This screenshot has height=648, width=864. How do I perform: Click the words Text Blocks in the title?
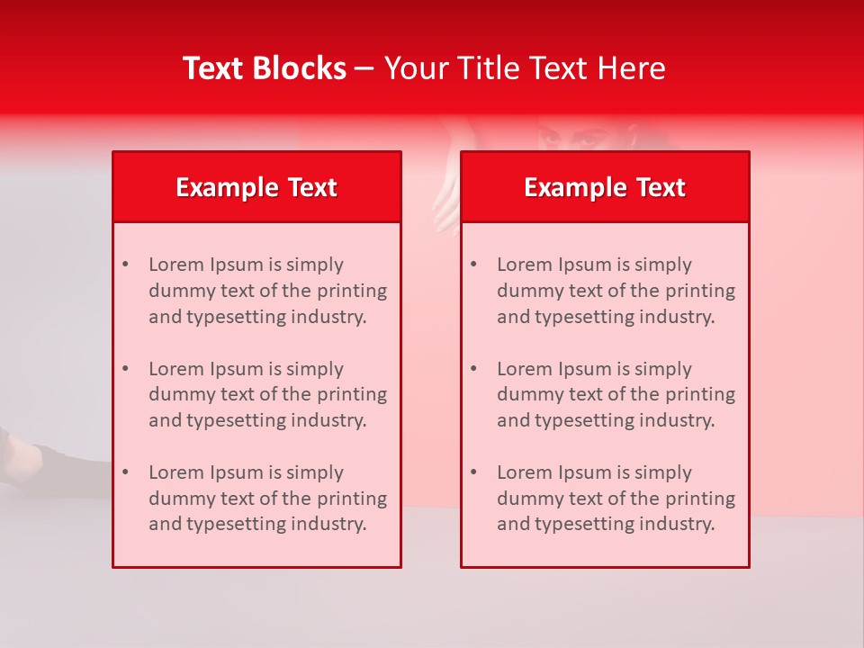click(x=265, y=68)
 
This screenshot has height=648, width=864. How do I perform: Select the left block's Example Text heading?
click(x=256, y=187)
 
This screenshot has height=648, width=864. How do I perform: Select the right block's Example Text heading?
click(x=605, y=187)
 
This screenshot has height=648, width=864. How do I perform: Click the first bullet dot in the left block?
click(x=125, y=265)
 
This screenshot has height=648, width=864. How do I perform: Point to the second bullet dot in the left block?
click(x=125, y=369)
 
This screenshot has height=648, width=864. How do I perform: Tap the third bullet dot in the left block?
click(x=125, y=472)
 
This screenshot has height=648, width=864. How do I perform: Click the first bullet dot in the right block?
click(x=473, y=265)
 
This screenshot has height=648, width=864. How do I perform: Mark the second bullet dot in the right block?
click(x=473, y=369)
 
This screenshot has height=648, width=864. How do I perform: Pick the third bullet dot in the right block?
click(x=473, y=472)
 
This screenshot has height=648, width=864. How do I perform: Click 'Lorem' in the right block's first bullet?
click(x=523, y=265)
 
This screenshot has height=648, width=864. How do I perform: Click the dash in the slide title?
click(x=364, y=69)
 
